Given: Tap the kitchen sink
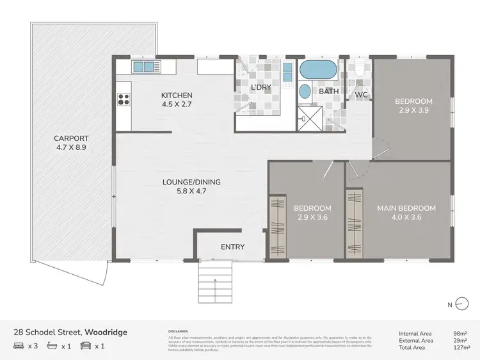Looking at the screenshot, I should (x=143, y=66).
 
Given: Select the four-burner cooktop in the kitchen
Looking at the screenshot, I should (x=123, y=99).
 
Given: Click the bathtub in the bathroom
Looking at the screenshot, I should (x=317, y=69).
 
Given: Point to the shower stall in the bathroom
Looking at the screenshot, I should (x=310, y=115).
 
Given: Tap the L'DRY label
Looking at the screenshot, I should (x=260, y=87).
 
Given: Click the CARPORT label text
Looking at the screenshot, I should (x=71, y=138).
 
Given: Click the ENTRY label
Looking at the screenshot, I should (x=232, y=247).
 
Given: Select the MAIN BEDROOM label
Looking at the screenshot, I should (x=406, y=208).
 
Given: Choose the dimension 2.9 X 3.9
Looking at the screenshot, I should (x=413, y=110).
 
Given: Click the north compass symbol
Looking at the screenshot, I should (x=458, y=305).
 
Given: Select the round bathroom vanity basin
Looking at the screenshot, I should (x=305, y=91).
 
